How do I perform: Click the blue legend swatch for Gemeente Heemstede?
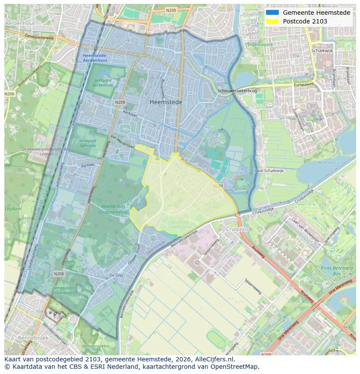[272, 13]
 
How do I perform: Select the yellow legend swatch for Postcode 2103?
[272, 21]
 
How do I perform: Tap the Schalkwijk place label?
[322, 50]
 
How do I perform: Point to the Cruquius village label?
[237, 229]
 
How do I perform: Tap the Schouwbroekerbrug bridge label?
[238, 91]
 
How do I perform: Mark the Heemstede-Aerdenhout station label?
[95, 58]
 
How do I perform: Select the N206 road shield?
[9, 94]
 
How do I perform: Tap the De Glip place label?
[117, 275]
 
